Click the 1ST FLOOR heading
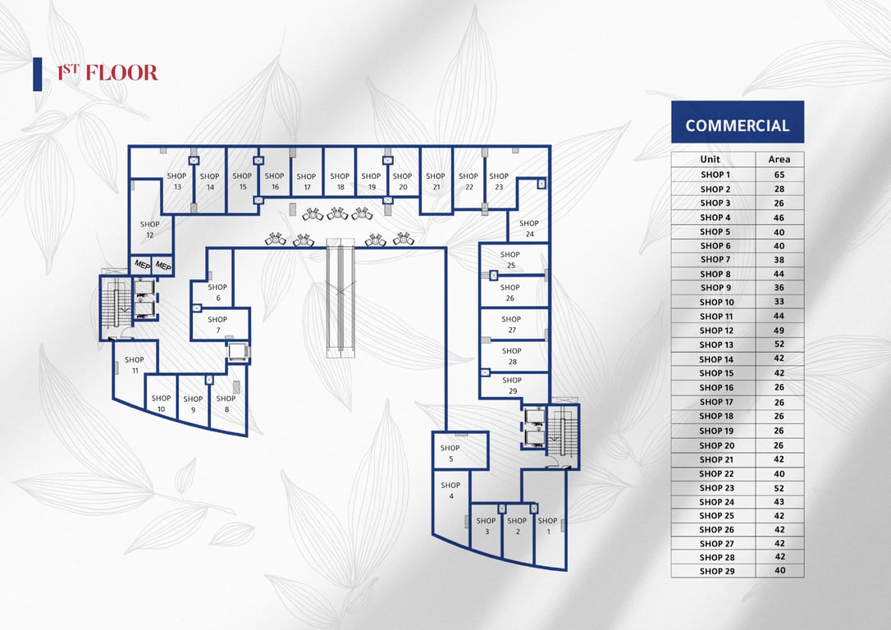(107, 73)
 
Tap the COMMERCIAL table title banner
(737, 126)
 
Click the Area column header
(779, 160)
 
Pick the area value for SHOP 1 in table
(779, 175)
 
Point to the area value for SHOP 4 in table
(779, 217)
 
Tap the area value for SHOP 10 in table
(779, 302)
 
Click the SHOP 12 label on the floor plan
(149, 230)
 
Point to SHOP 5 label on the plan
(450, 454)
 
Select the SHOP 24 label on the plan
(529, 228)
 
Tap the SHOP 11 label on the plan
(135, 365)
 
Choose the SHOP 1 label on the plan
(547, 526)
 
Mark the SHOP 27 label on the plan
(511, 324)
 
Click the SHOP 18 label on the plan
(340, 181)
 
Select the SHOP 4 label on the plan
(450, 491)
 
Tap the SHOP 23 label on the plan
(499, 181)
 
